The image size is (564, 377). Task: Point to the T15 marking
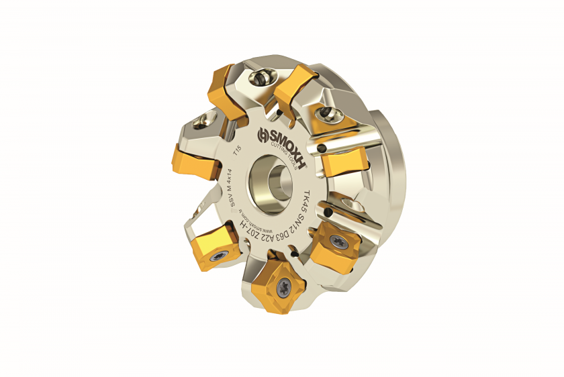234,154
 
